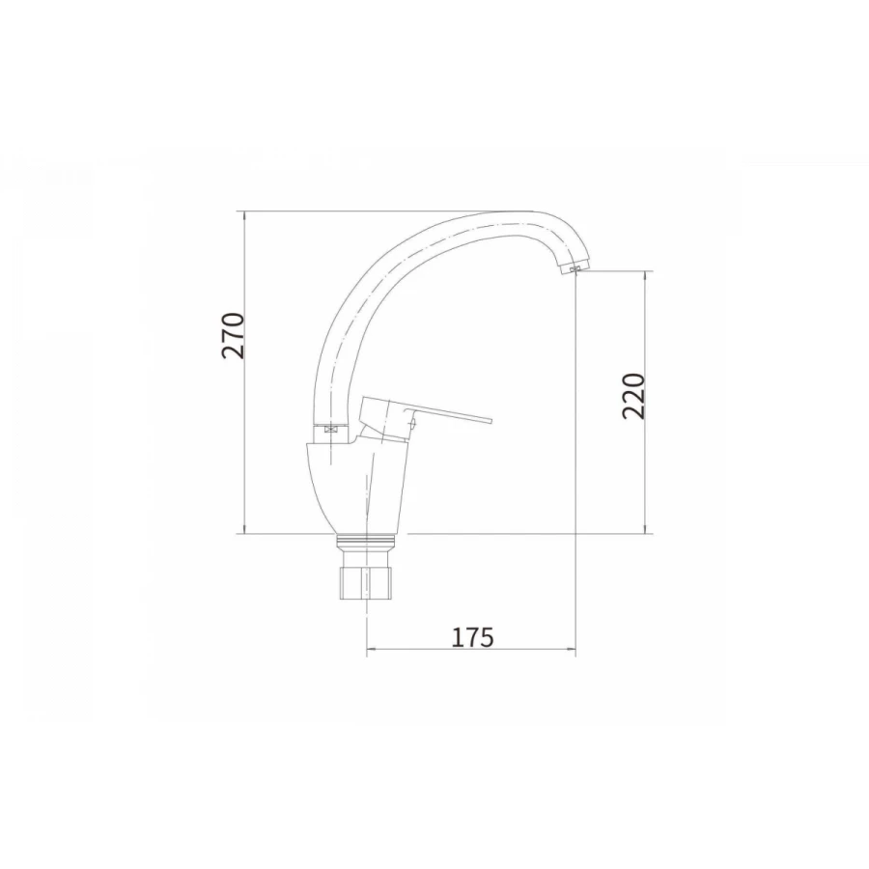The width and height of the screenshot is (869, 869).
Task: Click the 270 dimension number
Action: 233,336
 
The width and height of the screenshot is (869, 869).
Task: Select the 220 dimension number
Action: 634,396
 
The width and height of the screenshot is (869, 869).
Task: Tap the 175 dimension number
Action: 472,637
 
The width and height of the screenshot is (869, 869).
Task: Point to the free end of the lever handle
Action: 491,421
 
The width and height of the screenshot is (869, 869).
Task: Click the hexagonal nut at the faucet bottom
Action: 366,581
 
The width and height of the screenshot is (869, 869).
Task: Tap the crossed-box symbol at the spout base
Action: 332,429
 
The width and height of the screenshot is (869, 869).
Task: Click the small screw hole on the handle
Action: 413,425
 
